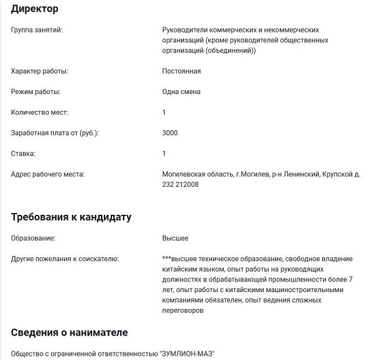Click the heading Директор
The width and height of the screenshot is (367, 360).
pos(35,9)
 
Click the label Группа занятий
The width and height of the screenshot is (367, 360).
pos(37,30)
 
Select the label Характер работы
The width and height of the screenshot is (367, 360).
pos(40,71)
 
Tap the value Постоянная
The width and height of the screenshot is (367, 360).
pos(181,71)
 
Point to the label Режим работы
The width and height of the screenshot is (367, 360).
pos(36,92)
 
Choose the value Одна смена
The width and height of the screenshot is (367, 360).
pos(181,92)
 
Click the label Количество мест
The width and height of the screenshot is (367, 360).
pos(40,112)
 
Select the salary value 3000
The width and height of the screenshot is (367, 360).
pos(170,133)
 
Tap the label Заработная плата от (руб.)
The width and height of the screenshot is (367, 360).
pos(55,133)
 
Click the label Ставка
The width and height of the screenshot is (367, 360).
pos(24,153)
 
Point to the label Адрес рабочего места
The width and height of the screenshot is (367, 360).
pos(48,174)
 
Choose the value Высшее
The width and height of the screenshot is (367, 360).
pos(175,238)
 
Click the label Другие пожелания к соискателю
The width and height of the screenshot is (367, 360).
pos(65,258)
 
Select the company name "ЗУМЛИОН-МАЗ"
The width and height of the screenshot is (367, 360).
pos(187,354)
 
